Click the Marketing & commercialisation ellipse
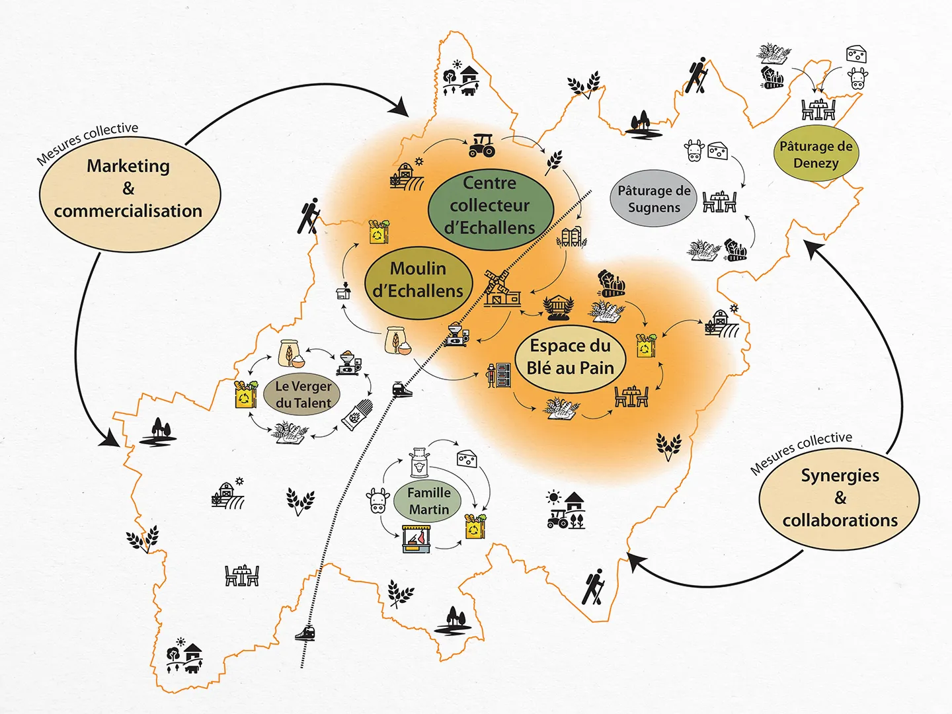[x=130, y=194]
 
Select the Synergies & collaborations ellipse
[x=839, y=498]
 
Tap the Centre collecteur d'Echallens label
[x=490, y=206]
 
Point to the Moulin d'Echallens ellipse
[x=418, y=280]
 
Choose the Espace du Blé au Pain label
[x=570, y=357]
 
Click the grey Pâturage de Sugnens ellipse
[x=653, y=198]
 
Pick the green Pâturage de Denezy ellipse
[x=816, y=155]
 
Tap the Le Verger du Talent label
[x=303, y=395]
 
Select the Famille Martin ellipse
[x=428, y=501]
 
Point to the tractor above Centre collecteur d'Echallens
[x=482, y=145]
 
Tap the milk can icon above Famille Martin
[x=418, y=462]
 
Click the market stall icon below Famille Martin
[x=416, y=539]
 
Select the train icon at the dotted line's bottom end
[x=305, y=633]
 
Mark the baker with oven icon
[x=499, y=375]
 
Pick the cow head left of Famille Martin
[x=378, y=500]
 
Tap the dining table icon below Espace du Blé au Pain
[x=631, y=396]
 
